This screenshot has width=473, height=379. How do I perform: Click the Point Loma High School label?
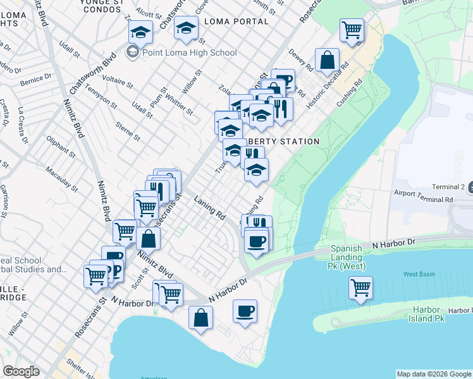point(190,52)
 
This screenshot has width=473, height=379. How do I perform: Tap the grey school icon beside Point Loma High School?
point(133,52)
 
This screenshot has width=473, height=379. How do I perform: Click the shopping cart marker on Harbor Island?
point(360,288)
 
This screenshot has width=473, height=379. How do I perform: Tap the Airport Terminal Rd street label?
point(423,199)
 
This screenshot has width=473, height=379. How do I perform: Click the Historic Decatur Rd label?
point(328,85)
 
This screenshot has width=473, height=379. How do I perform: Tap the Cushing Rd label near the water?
point(350,93)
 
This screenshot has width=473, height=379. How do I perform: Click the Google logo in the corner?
point(21,371)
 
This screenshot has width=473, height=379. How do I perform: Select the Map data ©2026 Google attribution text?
point(434,374)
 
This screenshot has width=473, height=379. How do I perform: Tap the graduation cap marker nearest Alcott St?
point(141,32)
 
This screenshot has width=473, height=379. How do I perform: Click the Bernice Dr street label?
point(35,80)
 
